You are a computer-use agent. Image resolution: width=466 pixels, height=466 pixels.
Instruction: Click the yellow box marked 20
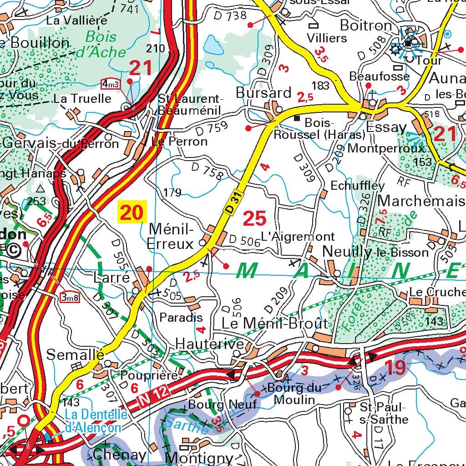click(132, 213)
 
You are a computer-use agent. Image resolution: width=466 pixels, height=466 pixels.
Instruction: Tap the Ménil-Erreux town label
click(171, 236)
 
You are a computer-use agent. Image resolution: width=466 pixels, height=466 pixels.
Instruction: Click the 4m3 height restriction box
click(111, 84)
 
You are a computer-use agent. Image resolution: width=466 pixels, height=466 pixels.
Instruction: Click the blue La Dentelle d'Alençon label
click(93, 421)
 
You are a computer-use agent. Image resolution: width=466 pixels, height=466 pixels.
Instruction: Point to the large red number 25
click(254, 219)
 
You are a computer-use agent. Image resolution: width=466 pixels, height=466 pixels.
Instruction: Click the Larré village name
click(111, 277)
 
